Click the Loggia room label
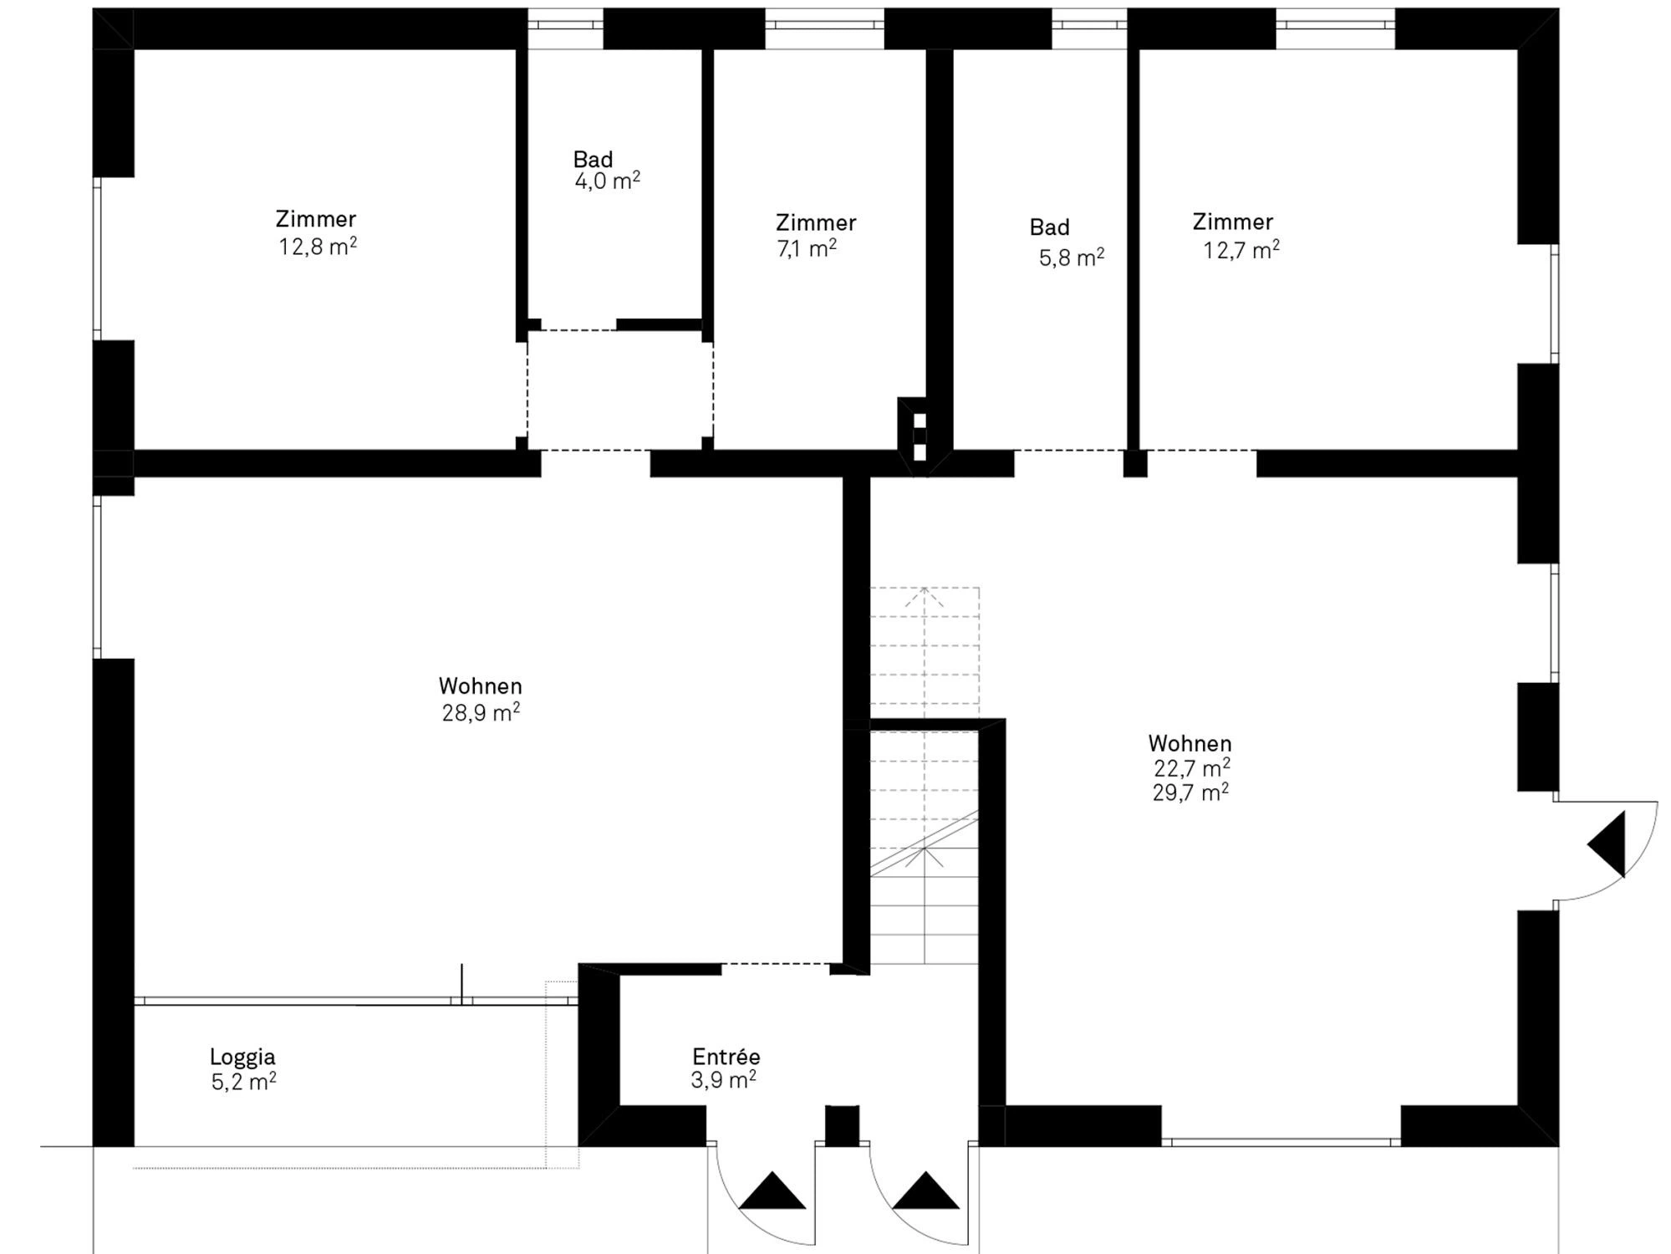pyautogui.click(x=242, y=1057)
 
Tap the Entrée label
pyautogui.click(x=726, y=1056)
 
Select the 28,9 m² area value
pyautogui.click(x=481, y=712)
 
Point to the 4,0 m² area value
pyautogui.click(x=608, y=181)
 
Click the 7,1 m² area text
pyautogui.click(x=807, y=249)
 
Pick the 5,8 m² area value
pyautogui.click(x=1072, y=257)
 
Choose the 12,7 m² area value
pyautogui.click(x=1241, y=250)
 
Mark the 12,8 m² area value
pyautogui.click(x=318, y=247)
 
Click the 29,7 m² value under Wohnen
pyautogui.click(x=1190, y=792)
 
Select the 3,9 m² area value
pyautogui.click(x=724, y=1080)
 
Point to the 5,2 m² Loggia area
pyautogui.click(x=244, y=1082)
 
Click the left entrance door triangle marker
pyautogui.click(x=772, y=1192)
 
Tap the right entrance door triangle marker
pyautogui.click(x=925, y=1192)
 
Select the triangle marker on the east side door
pyautogui.click(x=1609, y=844)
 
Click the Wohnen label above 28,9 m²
pyautogui.click(x=481, y=686)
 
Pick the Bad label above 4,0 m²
pyautogui.click(x=593, y=159)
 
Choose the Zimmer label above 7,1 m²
pyautogui.click(x=816, y=223)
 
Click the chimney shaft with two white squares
pyautogui.click(x=919, y=437)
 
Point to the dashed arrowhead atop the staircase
pyautogui.click(x=925, y=597)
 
